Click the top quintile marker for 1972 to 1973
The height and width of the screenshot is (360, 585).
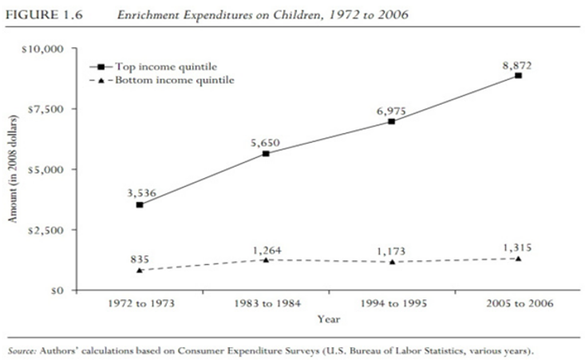point(140,204)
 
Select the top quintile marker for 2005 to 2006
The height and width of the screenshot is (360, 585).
point(518,76)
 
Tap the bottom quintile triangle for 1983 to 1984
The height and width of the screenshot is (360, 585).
point(266,259)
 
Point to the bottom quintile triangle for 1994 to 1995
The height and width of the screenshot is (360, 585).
point(392,262)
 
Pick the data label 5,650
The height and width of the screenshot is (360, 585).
point(264,141)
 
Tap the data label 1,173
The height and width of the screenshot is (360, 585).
point(391,251)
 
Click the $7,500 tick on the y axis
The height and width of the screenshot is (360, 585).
point(50,109)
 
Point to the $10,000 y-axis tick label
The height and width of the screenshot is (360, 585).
point(47,49)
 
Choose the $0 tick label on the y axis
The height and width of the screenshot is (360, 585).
point(58,291)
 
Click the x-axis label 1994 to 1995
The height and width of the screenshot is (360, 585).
point(392,304)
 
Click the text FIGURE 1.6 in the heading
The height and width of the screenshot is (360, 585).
point(36,14)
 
